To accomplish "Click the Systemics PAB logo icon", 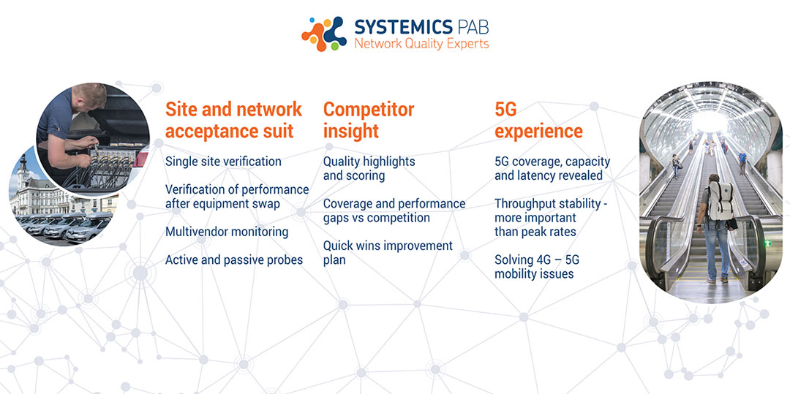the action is (324, 34).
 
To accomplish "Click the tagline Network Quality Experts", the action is (421, 44).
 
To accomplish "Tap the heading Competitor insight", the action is (368, 120).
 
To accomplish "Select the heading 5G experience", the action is (538, 120).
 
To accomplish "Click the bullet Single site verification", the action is (223, 162).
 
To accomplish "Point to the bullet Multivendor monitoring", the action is (227, 232).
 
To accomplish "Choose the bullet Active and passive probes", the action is (234, 260).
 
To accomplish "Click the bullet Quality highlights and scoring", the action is (369, 169).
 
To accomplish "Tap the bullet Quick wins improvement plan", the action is (388, 253).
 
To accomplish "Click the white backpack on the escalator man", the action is (720, 200).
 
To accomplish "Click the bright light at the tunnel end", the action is (709, 121).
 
